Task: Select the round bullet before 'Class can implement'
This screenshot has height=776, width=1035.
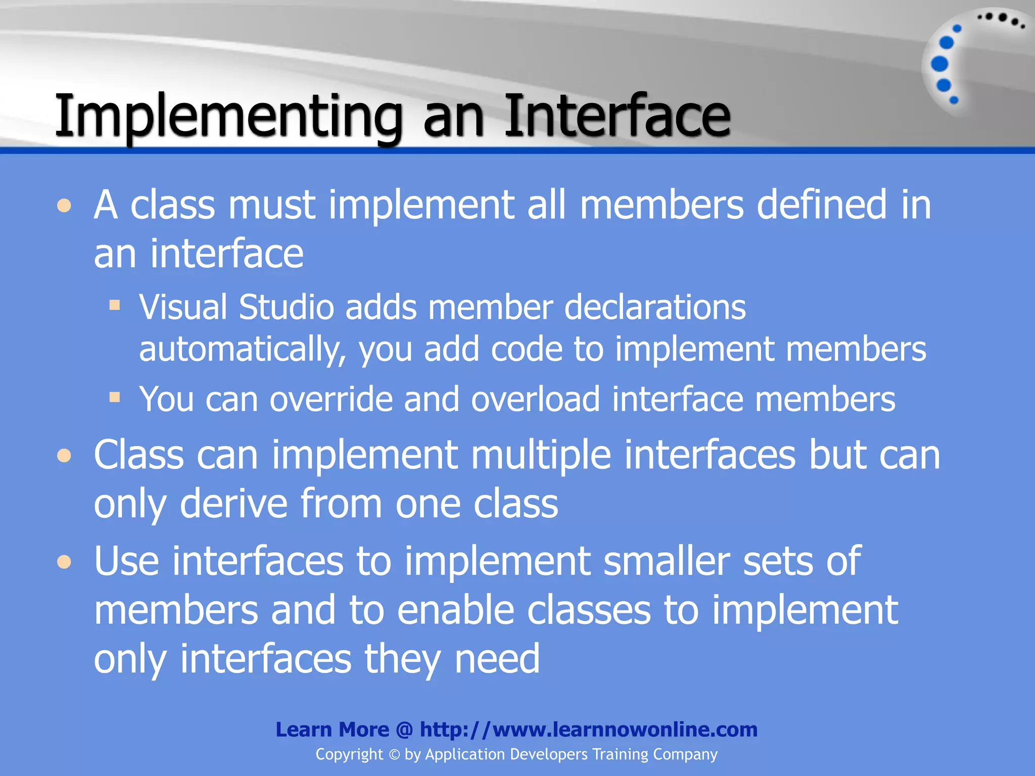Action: pos(64,456)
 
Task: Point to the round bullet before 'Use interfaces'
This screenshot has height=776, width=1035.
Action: pos(64,562)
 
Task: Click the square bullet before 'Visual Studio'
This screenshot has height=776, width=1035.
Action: pos(115,305)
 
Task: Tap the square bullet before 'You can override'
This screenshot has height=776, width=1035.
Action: pos(115,397)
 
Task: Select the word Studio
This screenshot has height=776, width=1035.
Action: pos(286,307)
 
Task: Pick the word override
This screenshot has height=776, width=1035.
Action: pos(331,399)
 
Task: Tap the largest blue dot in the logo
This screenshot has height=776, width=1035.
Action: pos(939,64)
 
